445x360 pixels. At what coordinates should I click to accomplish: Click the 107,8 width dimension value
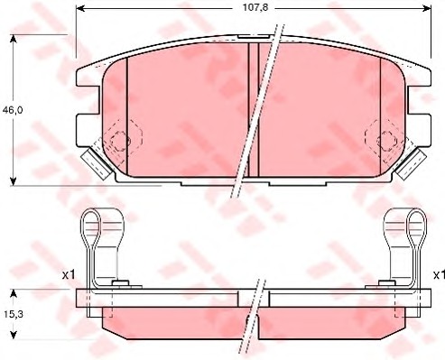(x=255, y=7)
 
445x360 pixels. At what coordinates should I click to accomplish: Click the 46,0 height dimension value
(x=13, y=110)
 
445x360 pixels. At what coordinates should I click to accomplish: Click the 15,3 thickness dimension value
(x=14, y=314)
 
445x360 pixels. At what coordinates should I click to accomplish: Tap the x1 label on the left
(x=69, y=274)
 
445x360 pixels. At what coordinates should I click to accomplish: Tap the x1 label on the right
(x=439, y=274)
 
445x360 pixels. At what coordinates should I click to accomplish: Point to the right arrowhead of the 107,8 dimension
(x=427, y=8)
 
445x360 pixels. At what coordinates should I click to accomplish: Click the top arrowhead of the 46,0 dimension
(x=13, y=39)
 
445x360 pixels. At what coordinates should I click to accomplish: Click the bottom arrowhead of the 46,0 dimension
(x=13, y=181)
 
